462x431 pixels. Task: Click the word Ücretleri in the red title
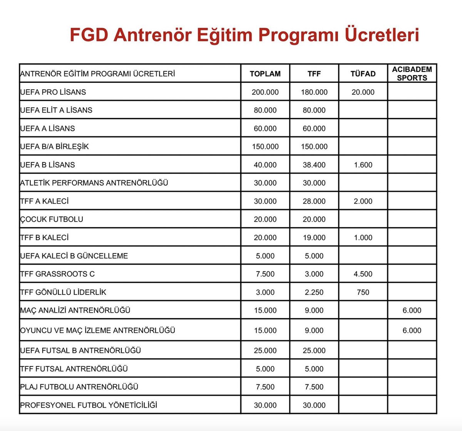381,35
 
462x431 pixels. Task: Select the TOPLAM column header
265,74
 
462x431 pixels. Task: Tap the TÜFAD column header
363,74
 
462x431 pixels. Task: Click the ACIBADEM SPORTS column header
412,74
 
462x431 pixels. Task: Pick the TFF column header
314,74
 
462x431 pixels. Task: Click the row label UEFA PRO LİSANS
53,92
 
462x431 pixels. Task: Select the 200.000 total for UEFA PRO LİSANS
265,92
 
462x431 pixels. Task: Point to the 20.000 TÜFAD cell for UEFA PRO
363,92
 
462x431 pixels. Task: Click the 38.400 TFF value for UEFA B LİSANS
314,165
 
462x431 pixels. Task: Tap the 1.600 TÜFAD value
363,165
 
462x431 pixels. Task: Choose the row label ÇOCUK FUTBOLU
52,219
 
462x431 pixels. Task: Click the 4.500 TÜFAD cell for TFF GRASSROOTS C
363,274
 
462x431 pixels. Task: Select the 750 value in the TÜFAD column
363,292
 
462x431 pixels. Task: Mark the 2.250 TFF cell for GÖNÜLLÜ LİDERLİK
314,292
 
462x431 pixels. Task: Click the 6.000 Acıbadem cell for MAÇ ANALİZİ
412,311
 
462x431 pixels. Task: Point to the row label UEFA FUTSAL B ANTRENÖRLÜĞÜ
80,351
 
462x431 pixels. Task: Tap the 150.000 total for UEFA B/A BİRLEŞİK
265,147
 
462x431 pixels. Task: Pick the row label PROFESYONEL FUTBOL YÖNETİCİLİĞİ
89,405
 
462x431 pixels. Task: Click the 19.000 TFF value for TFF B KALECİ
314,238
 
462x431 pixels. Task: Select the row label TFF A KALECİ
44,201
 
